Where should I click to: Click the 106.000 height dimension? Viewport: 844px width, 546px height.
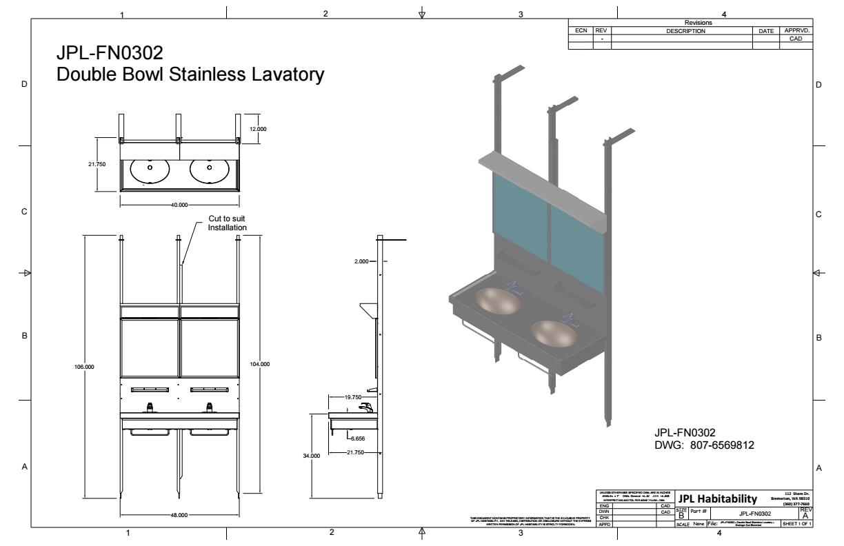(x=84, y=367)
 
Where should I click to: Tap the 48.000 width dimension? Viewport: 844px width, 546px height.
(x=180, y=514)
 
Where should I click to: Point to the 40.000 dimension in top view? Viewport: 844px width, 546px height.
(x=179, y=205)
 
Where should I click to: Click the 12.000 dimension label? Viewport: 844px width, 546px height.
(x=258, y=129)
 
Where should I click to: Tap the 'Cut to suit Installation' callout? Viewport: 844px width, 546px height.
(x=228, y=223)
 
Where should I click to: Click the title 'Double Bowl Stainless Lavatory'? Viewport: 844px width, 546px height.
(x=190, y=74)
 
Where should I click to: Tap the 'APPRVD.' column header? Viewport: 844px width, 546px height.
(x=797, y=31)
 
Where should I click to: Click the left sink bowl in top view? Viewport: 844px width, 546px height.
(x=150, y=170)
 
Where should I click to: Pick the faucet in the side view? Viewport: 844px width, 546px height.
(x=366, y=407)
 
